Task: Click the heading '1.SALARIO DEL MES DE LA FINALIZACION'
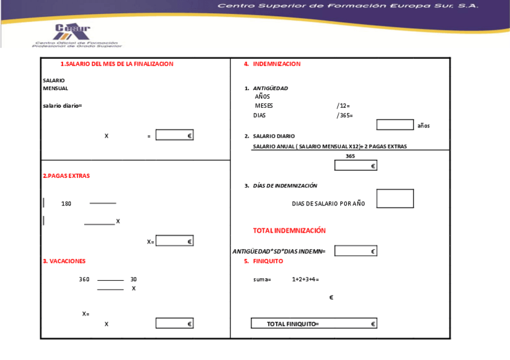[x=117, y=64]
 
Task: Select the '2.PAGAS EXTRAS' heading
[x=66, y=176]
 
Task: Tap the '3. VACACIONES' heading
[x=64, y=261]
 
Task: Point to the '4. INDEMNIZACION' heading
[x=272, y=64]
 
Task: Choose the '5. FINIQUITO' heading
[x=263, y=261]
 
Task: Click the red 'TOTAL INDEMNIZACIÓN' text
[x=289, y=231]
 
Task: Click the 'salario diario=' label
[x=62, y=106]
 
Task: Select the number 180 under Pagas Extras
[x=66, y=204]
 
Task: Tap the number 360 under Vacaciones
[x=84, y=279]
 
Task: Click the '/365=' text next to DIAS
[x=345, y=115]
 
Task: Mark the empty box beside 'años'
[x=395, y=124]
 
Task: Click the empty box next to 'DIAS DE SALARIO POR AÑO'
[x=395, y=199]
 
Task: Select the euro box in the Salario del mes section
[x=174, y=135]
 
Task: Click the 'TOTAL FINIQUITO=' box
[x=314, y=324]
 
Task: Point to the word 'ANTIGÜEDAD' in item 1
[x=270, y=88]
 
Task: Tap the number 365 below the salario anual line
[x=351, y=156]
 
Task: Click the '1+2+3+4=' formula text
[x=305, y=279]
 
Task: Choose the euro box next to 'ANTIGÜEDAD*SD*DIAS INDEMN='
[x=355, y=251]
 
